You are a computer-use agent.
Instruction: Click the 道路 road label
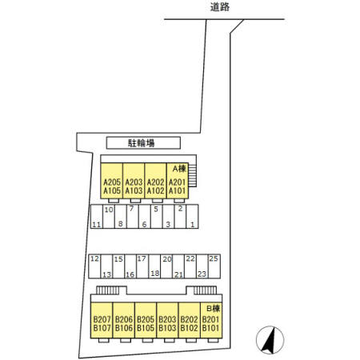[x=220, y=7]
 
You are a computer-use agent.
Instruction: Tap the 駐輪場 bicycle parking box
[x=143, y=143]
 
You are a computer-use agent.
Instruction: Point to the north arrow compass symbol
[x=270, y=340]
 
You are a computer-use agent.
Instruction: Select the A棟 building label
[x=179, y=169]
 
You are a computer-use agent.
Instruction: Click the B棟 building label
[x=214, y=309]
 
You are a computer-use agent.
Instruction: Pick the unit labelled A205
[x=112, y=182]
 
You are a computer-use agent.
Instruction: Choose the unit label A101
[x=177, y=190]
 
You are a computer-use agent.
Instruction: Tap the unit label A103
[x=134, y=190]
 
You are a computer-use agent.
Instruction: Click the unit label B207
[x=102, y=319]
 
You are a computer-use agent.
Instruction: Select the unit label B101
[x=210, y=328]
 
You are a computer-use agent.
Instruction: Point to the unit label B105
[x=146, y=328]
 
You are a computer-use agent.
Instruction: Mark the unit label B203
[x=167, y=319]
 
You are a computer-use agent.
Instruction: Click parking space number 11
[x=97, y=225]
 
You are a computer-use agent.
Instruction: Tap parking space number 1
[x=192, y=225]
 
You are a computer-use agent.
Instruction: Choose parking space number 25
[x=214, y=258]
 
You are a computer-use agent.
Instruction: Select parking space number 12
[x=94, y=258]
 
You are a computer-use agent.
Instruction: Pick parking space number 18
[x=155, y=274]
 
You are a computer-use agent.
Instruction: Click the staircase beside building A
[x=193, y=175]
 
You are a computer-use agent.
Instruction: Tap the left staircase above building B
[x=107, y=290]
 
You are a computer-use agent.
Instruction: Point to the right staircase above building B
[x=205, y=290]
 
